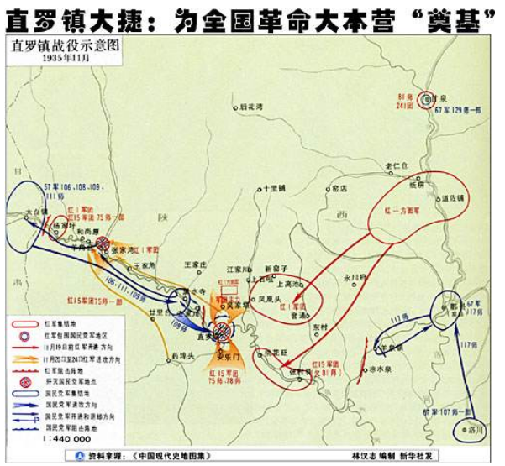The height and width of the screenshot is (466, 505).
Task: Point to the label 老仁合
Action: point(394,165)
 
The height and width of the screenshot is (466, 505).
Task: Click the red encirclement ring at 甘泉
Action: point(428,99)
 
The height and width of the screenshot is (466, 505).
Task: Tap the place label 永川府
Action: point(355,275)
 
